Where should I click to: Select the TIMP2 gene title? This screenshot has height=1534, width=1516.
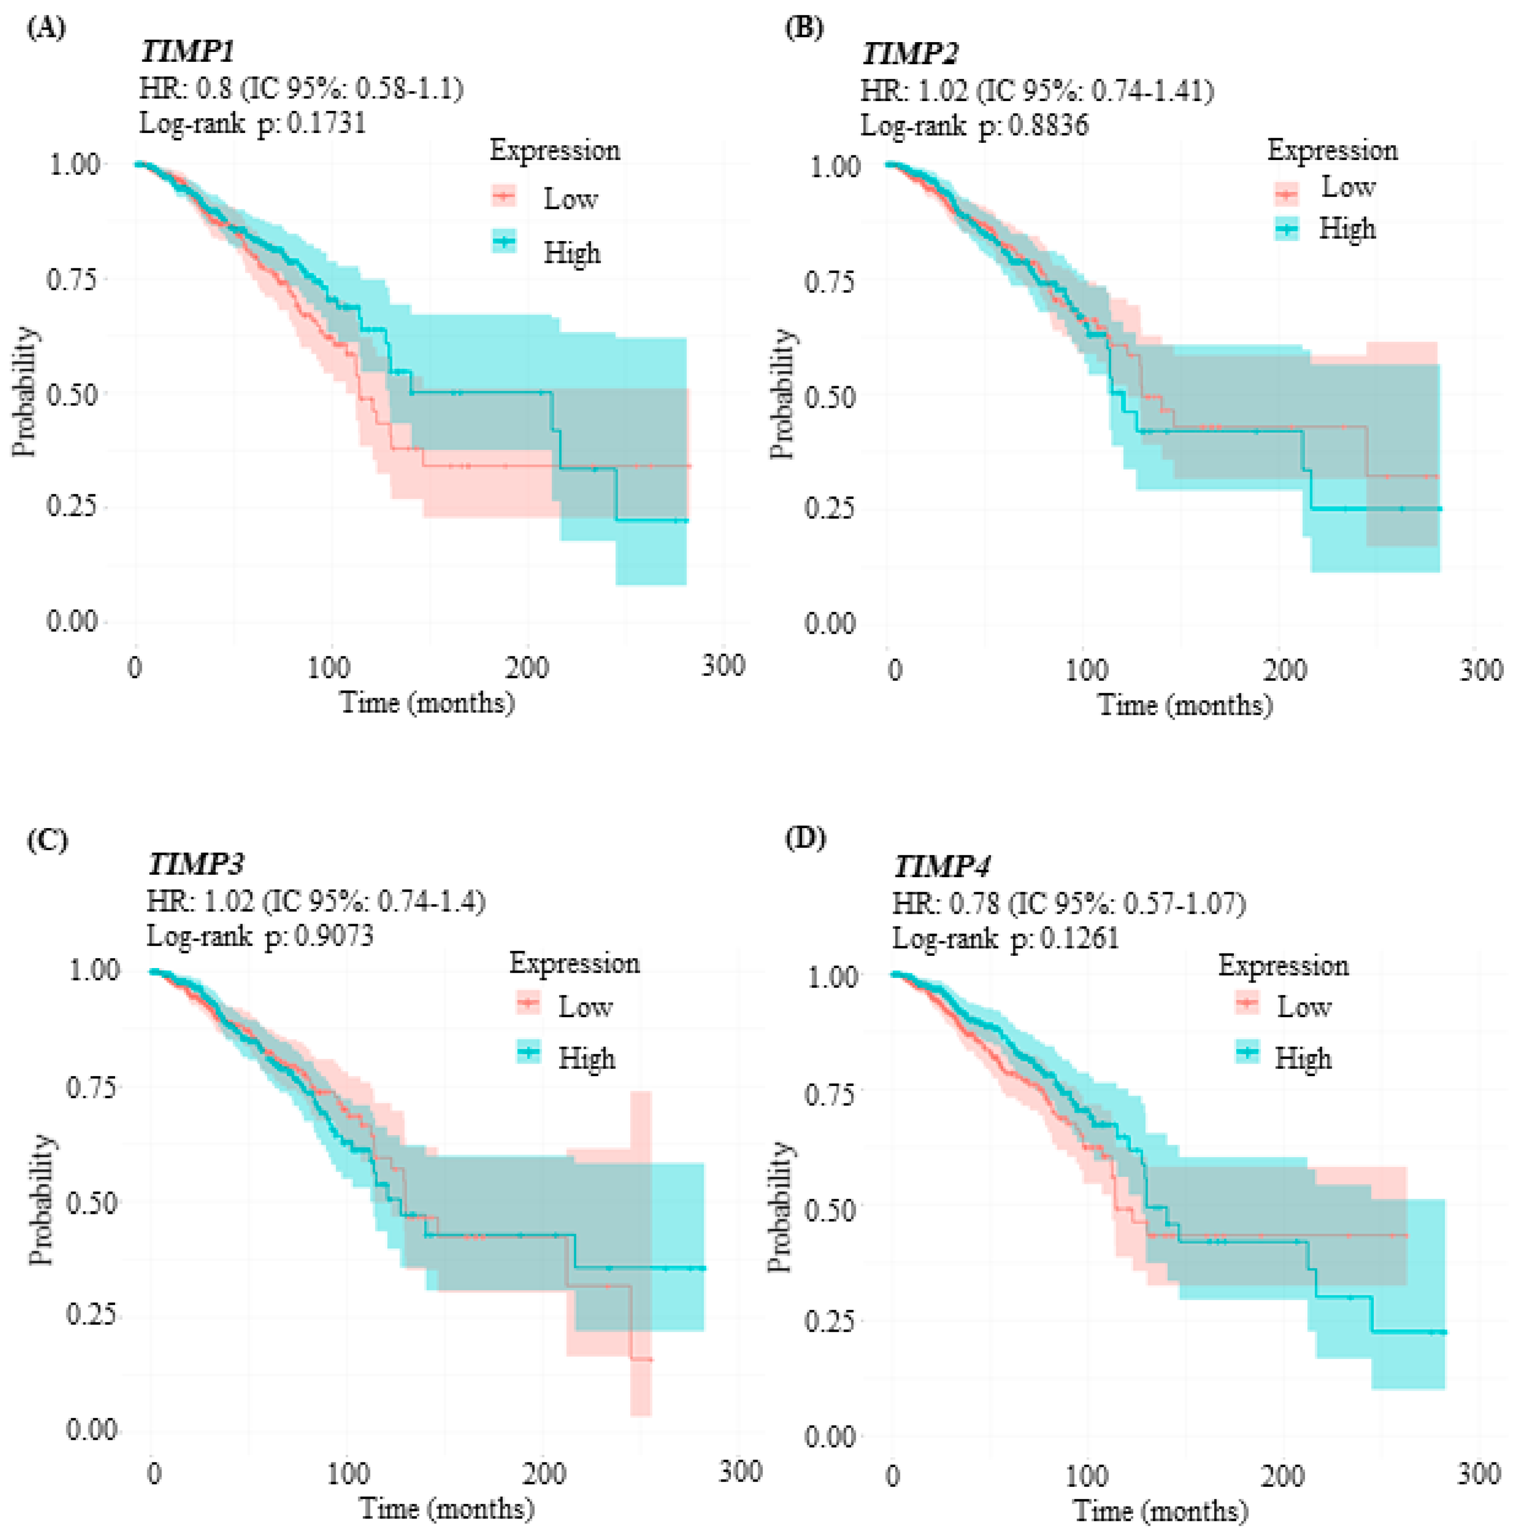point(910,54)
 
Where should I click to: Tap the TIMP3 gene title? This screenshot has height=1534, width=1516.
point(195,864)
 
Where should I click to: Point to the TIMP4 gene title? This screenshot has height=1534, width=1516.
point(941,866)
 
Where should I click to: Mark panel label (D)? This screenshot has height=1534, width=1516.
point(805,838)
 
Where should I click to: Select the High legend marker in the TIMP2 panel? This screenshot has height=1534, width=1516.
point(1287,229)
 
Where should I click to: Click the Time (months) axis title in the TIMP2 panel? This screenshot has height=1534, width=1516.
point(1184,705)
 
